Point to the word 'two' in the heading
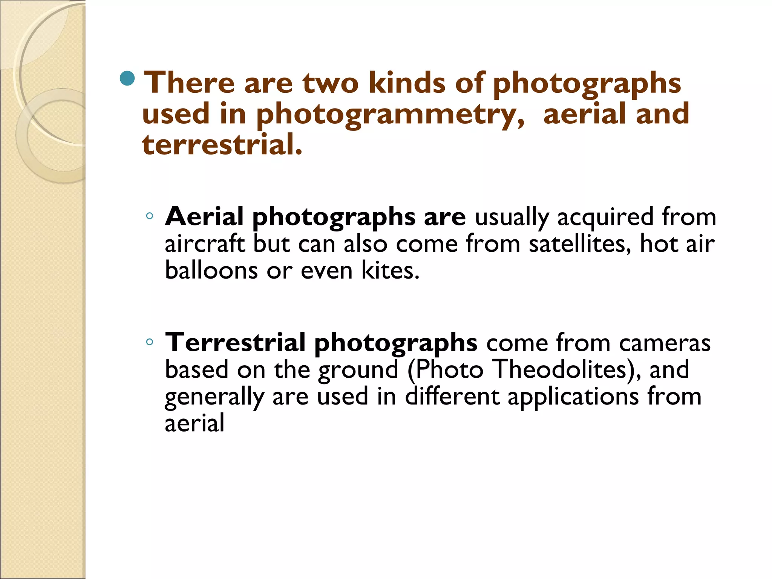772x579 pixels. (x=331, y=83)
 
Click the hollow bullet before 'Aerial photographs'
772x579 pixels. (x=150, y=216)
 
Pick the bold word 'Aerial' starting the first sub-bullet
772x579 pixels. (x=204, y=217)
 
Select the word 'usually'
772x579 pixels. (x=512, y=218)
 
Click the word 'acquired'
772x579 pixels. (x=605, y=218)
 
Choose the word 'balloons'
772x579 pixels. (x=211, y=270)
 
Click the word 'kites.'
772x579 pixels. (x=391, y=270)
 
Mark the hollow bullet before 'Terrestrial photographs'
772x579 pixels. (x=150, y=342)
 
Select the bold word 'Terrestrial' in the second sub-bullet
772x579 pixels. (x=235, y=343)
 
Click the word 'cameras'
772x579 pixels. (x=665, y=343)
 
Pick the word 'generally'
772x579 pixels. (x=214, y=397)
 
